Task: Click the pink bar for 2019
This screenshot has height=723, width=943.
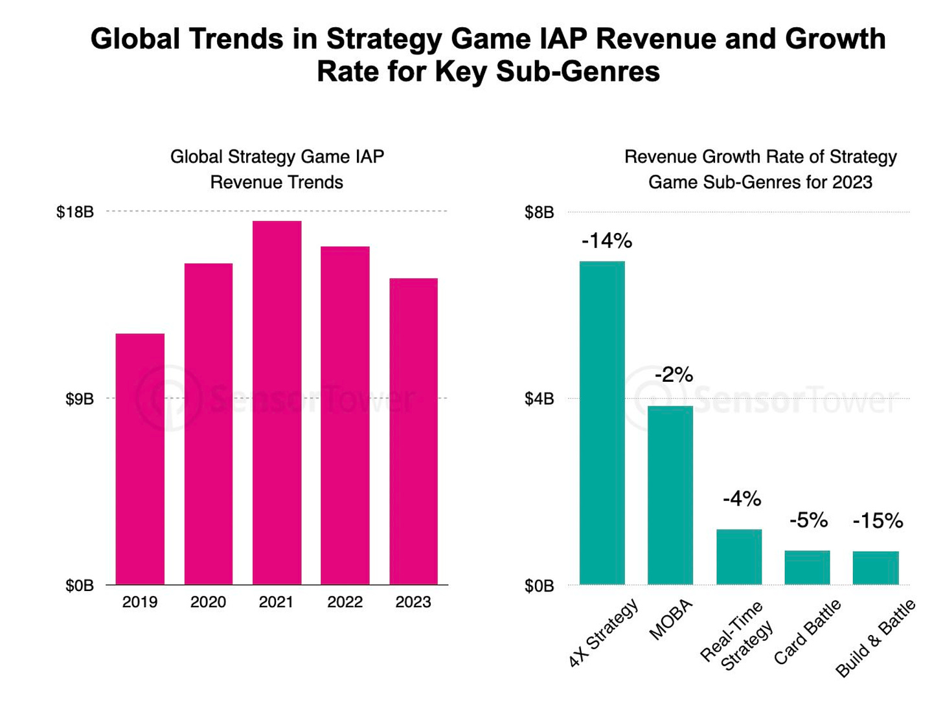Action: click(140, 459)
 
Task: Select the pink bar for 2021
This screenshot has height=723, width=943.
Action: click(277, 403)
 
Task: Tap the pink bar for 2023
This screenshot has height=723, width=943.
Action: click(413, 431)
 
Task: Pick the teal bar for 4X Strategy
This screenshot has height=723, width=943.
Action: click(602, 423)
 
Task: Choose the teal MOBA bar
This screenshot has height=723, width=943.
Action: click(670, 495)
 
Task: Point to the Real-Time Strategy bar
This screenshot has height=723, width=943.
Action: click(739, 557)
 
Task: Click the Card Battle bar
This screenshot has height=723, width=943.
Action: click(807, 567)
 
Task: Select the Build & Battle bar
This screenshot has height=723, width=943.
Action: click(876, 568)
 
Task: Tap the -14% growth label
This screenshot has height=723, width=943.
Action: click(606, 241)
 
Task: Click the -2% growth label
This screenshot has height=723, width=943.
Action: click(674, 375)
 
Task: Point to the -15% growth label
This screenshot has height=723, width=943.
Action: click(878, 521)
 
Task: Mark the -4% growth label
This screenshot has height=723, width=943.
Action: click(742, 498)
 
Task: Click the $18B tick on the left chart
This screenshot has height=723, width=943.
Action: click(75, 212)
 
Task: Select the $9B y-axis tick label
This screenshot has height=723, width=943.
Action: click(79, 399)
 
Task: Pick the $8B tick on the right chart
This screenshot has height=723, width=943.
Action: click(539, 212)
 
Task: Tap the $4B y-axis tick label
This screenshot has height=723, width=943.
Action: click(539, 399)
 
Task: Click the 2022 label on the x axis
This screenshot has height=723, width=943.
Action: click(345, 602)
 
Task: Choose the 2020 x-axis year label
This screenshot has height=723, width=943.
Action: click(208, 602)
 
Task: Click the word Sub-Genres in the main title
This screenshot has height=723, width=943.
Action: click(578, 71)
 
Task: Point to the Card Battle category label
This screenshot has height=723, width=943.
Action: click(808, 632)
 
